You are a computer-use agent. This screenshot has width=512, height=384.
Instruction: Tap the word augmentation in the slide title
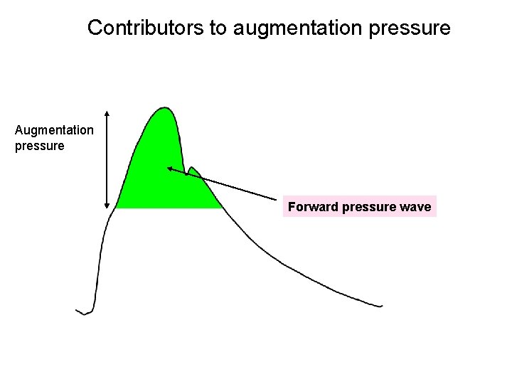click(302, 28)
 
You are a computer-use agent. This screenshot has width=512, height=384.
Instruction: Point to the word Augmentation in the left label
click(54, 130)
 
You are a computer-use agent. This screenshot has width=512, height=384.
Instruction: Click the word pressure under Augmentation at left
click(39, 146)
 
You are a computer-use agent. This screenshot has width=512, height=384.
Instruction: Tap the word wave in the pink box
click(416, 207)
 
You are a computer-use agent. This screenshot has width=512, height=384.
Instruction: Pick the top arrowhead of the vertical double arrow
click(107, 112)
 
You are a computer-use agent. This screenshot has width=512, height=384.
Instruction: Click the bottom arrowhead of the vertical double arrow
click(107, 206)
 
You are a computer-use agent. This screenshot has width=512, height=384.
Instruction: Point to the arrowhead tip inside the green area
click(169, 169)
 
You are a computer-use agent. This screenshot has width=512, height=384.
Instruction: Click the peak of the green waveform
click(165, 108)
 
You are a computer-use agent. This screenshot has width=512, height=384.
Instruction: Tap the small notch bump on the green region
click(191, 169)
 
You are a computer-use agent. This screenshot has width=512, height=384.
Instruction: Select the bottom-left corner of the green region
click(117, 208)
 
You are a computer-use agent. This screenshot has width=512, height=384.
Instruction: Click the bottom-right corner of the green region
click(222, 208)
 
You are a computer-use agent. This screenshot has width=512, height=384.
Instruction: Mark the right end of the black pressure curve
click(382, 306)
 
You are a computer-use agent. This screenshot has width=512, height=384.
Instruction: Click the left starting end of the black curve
click(77, 310)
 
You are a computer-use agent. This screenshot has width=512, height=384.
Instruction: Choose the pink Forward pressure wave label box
click(359, 207)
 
